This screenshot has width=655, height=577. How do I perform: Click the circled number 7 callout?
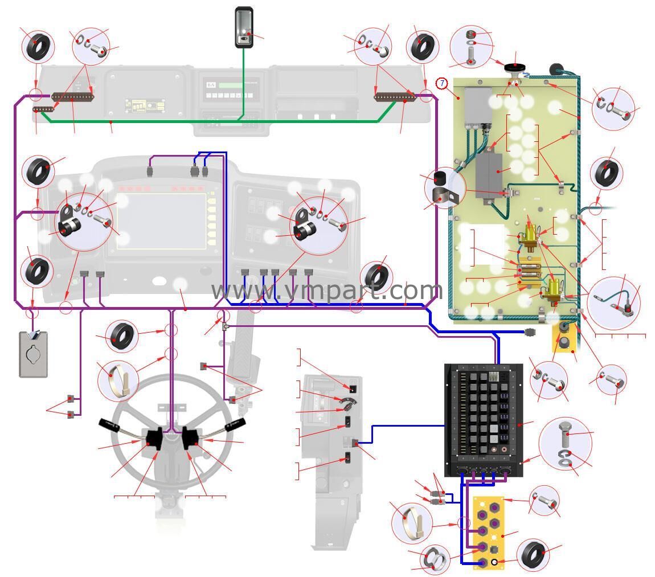coord(442,84)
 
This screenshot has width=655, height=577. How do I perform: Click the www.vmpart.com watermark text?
coord(326,290)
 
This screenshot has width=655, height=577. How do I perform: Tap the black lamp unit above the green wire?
coord(244,28)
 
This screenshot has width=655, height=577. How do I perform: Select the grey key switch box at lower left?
coord(34,354)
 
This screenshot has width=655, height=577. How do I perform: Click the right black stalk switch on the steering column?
coord(189,439)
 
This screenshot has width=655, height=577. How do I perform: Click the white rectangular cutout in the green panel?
coord(481,244)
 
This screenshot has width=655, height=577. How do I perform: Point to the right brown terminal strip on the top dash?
coord(395,97)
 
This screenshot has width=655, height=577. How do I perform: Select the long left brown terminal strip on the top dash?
coord(73,97)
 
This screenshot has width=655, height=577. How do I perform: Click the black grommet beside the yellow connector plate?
coord(534,555)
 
